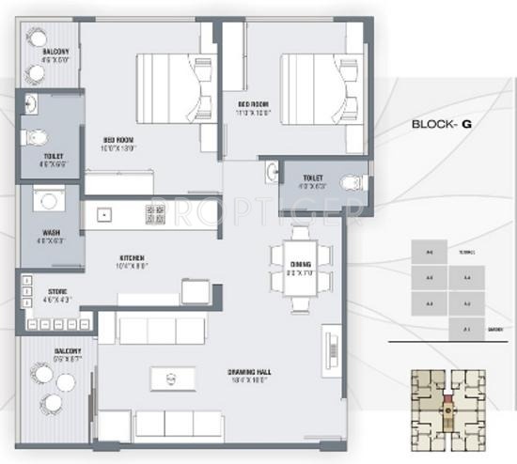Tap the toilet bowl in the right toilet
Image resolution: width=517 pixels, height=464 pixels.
click(352, 182)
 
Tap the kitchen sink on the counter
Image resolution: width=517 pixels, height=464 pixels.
click(102, 215)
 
